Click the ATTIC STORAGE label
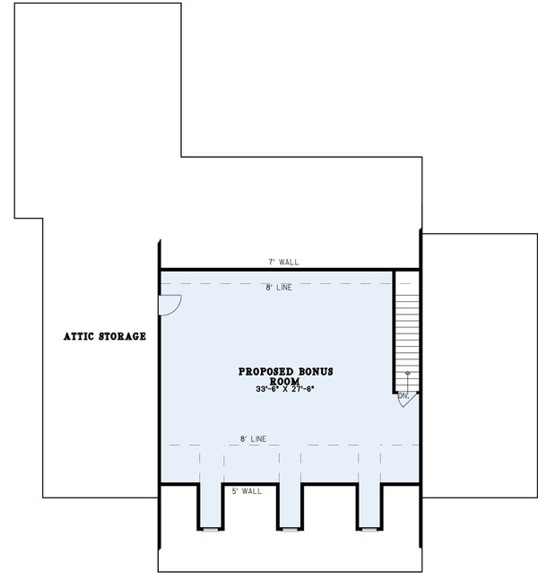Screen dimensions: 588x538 click(x=105, y=337)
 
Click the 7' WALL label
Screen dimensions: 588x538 click(x=283, y=262)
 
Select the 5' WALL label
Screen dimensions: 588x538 click(x=247, y=492)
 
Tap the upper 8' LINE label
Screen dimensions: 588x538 click(x=279, y=288)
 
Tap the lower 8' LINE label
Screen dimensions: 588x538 click(x=253, y=439)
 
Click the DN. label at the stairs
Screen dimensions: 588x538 click(x=403, y=395)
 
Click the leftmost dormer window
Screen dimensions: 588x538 click(x=209, y=530)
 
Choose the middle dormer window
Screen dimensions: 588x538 click(x=289, y=530)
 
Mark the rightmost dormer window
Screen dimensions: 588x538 click(x=369, y=530)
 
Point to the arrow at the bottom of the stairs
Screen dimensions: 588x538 click(x=408, y=374)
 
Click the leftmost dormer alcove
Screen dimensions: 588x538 click(x=209, y=506)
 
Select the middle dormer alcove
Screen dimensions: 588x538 click(x=289, y=506)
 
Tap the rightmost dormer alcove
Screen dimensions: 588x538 click(x=369, y=506)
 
